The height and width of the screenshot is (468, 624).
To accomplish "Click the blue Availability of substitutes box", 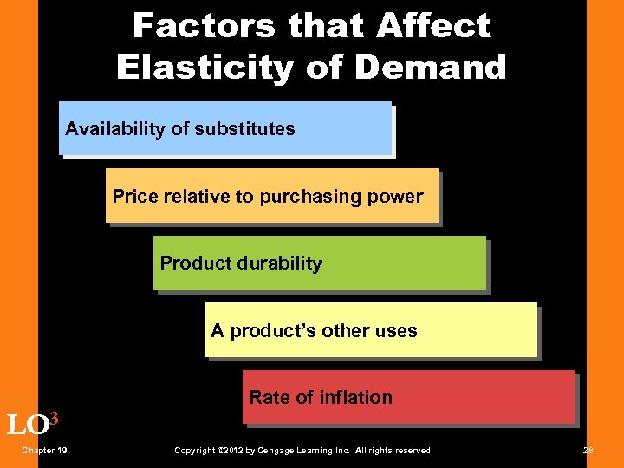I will point(225,128).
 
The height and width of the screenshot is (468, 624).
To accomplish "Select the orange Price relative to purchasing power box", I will point(272,196).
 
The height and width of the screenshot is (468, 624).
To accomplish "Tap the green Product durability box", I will point(320,263).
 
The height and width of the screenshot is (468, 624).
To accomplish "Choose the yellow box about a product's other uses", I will point(371,330).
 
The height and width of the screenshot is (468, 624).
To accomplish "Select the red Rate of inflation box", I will point(409,397).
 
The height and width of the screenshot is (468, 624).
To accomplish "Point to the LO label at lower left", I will point(26,426).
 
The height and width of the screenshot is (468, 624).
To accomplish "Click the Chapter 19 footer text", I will point(46,451).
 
